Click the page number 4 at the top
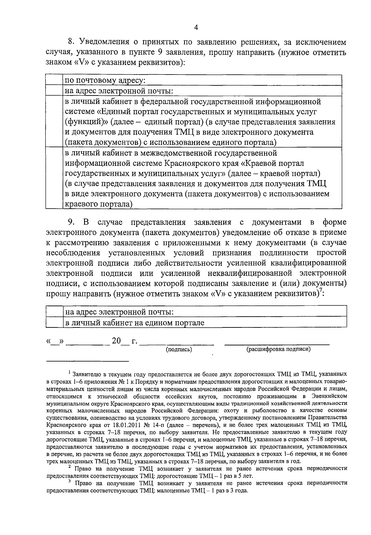195,28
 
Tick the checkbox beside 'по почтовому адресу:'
54,80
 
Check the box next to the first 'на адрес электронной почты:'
54,91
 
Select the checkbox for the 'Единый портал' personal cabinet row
54,122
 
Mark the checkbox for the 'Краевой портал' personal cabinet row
54,178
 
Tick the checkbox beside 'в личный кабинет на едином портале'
54,323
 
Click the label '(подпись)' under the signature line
179,349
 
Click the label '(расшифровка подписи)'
278,349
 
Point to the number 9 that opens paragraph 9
70,222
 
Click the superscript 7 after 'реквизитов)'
321,290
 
